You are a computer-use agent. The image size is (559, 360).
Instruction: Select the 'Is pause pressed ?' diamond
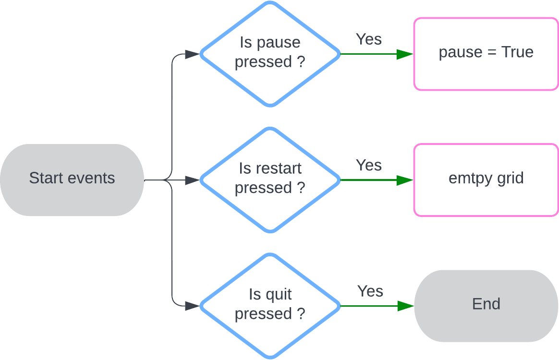click(x=270, y=53)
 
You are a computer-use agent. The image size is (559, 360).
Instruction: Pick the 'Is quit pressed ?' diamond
click(x=270, y=305)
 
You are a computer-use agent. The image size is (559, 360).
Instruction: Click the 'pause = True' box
click(x=486, y=54)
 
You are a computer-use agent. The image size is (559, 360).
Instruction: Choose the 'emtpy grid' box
click(x=486, y=180)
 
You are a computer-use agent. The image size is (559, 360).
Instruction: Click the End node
click(x=486, y=306)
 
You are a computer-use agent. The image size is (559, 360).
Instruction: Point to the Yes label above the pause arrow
click(x=369, y=39)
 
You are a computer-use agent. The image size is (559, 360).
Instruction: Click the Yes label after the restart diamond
click(x=369, y=165)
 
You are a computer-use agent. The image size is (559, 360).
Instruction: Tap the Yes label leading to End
click(x=370, y=291)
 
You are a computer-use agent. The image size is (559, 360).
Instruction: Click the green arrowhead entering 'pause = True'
click(x=405, y=54)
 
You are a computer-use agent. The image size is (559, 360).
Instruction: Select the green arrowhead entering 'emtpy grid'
click(x=405, y=180)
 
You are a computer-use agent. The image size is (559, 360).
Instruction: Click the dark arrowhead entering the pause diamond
click(x=192, y=54)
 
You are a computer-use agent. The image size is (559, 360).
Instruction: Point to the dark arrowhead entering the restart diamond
click(x=192, y=180)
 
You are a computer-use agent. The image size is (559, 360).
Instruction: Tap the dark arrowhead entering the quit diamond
click(x=192, y=306)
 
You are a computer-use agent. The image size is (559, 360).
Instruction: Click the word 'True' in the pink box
click(x=517, y=52)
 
